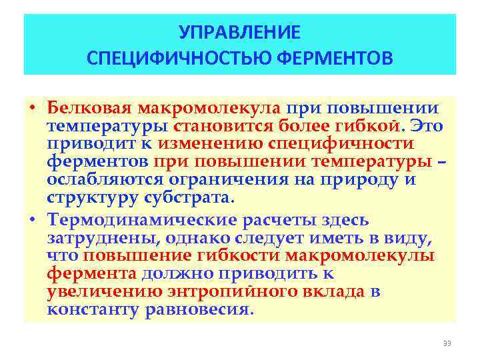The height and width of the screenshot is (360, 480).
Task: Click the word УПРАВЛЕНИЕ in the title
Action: point(240,32)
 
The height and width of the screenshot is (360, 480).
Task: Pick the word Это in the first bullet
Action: point(427,127)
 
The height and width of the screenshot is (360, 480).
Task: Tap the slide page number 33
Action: point(447,343)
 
